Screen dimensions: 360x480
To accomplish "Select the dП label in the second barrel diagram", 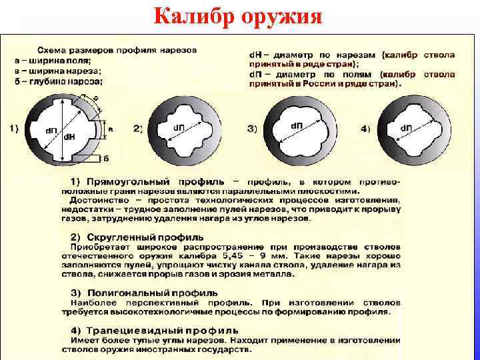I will pos(180,127).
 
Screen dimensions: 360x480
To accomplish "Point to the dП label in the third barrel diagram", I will pos(297,125).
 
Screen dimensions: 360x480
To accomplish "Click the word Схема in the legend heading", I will pos(53,51).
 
